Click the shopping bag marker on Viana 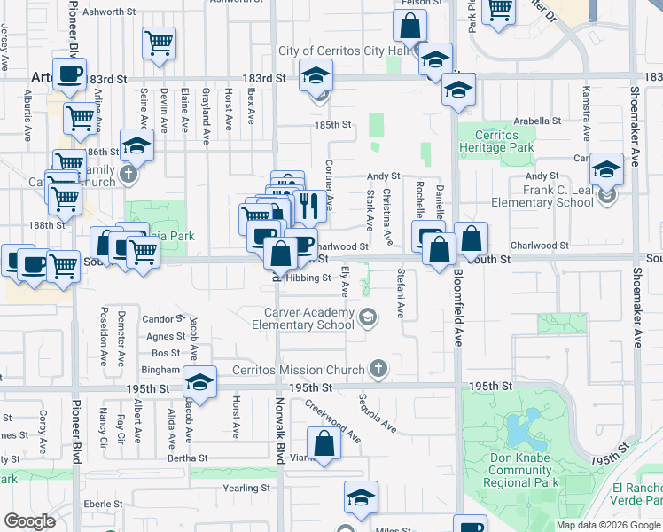(x=324, y=443)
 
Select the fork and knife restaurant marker (x=308, y=205)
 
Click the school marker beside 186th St (x=136, y=144)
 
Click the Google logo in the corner (x=30, y=521)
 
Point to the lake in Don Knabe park (x=516, y=431)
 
